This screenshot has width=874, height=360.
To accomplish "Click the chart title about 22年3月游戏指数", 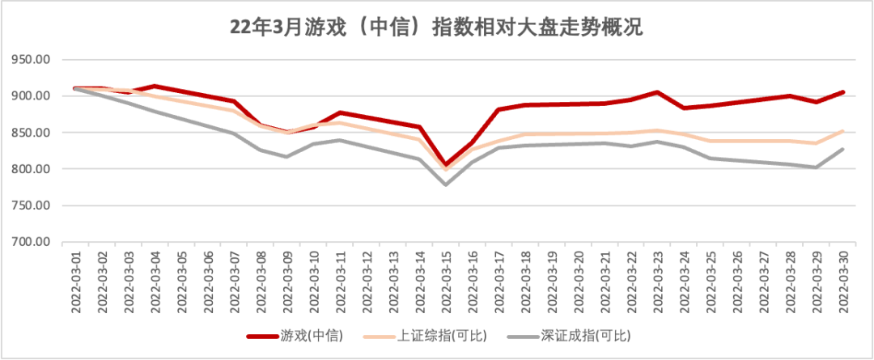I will pos(436,28).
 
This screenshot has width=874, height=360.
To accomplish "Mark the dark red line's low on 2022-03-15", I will pos(445,165).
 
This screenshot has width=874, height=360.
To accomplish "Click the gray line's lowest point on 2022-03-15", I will pos(445,184).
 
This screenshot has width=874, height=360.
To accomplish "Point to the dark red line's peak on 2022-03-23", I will pos(657,92).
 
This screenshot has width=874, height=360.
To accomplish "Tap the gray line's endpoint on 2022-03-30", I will pos(843,149).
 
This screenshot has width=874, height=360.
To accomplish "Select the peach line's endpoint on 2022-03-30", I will pos(843,131).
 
